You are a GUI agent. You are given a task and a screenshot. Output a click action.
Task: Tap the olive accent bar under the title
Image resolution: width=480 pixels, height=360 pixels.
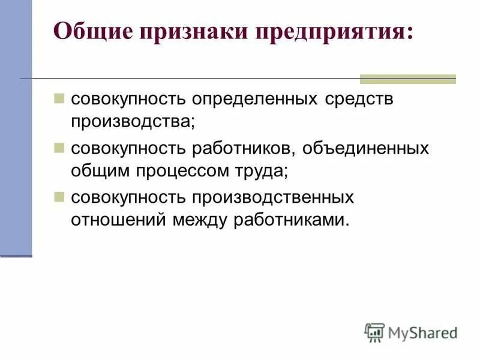407,79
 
